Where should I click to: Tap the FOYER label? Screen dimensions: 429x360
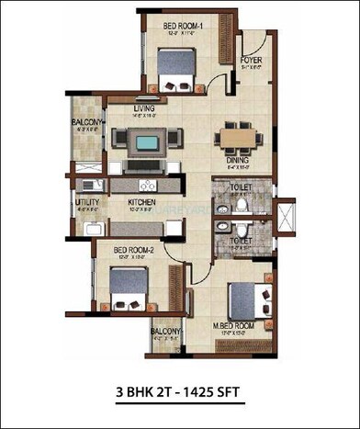tap(251, 60)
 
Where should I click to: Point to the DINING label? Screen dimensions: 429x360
tap(238, 159)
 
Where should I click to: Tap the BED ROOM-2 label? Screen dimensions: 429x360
tap(132, 249)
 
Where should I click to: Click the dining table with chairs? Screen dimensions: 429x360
tap(238, 139)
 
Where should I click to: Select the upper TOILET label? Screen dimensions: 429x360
tap(241, 185)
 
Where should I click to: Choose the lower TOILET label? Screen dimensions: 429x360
tap(241, 241)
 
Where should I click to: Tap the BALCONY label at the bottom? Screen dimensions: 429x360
tap(165, 332)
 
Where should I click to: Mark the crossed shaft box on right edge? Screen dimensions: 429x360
tap(287, 218)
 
